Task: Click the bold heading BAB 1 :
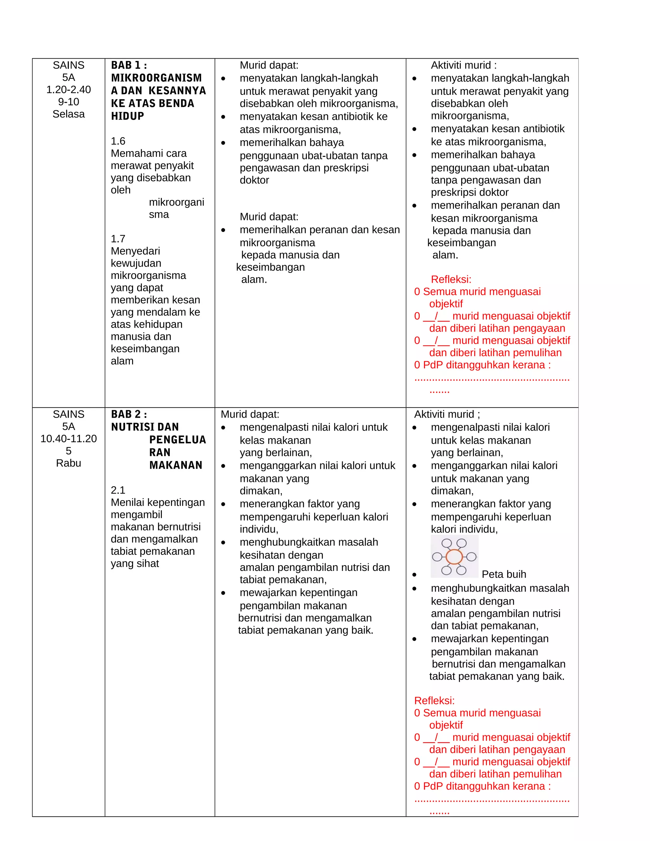click(129, 65)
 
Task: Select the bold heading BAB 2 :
click(129, 414)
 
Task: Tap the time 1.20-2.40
click(69, 90)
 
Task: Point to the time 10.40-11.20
click(69, 439)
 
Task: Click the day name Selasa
click(69, 114)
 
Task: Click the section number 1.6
click(118, 141)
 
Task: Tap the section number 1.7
click(118, 239)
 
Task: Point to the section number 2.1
click(118, 490)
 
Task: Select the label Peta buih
click(504, 574)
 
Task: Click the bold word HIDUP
click(128, 116)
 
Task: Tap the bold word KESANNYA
click(177, 90)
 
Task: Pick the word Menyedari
click(135, 251)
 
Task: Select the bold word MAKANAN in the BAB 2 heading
click(176, 465)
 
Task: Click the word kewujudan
click(136, 263)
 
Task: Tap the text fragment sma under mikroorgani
click(159, 215)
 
